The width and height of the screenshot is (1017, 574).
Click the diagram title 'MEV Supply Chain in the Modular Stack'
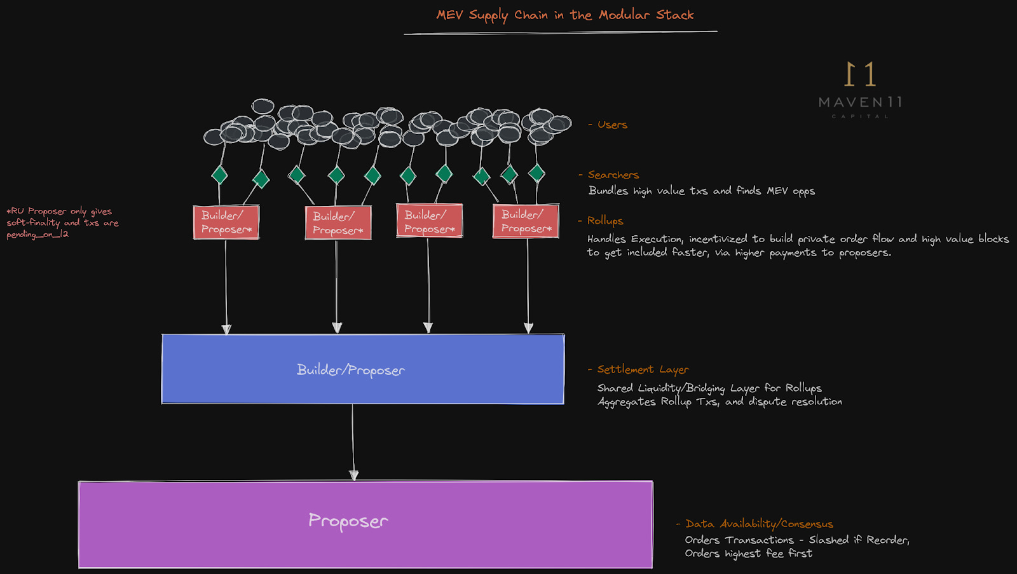pos(564,15)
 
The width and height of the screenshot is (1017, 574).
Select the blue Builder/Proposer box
pos(362,369)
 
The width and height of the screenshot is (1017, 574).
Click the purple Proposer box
pos(365,524)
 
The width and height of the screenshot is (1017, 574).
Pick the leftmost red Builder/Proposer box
pos(226,222)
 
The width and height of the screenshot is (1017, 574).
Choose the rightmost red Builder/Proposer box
pos(526,221)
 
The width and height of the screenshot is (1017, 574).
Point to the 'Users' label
pos(611,125)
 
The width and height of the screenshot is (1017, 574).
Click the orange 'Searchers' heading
pos(613,175)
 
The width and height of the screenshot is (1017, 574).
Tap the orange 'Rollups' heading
pos(604,221)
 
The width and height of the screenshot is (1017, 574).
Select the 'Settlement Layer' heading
pos(642,369)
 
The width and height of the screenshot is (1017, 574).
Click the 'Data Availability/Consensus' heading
pos(759,524)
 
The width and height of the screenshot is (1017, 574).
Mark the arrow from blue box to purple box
pos(353,442)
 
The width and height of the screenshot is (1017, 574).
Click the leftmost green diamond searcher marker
pos(220,174)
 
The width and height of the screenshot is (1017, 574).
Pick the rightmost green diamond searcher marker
pos(536,172)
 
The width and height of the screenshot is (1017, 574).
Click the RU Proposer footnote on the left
pos(62,222)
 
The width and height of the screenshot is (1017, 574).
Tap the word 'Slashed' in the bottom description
pos(828,540)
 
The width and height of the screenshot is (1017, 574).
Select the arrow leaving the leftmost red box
pos(226,286)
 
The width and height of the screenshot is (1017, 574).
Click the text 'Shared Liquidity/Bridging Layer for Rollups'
pos(709,388)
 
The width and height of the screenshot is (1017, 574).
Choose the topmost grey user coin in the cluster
pos(263,106)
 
